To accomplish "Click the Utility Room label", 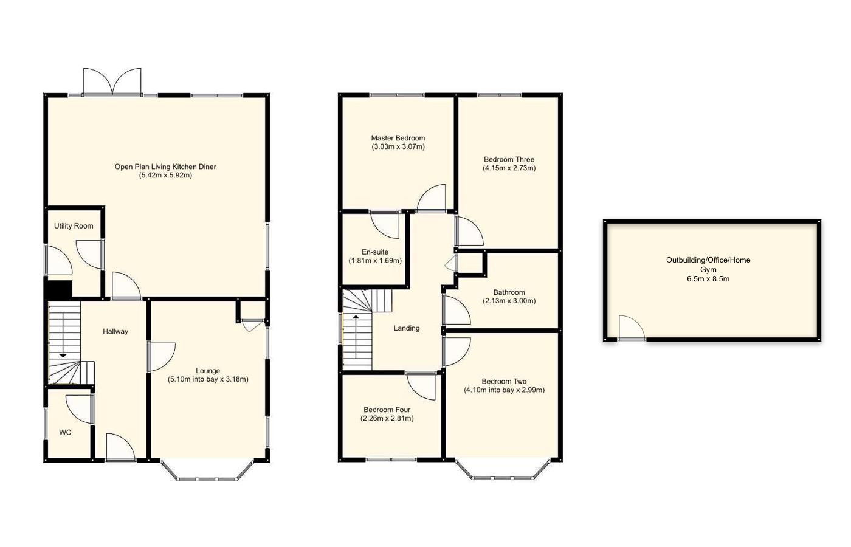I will [x=74, y=226].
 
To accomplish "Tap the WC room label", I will [x=65, y=433].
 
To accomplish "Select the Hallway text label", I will [x=115, y=332].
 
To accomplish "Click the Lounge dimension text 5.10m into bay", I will [x=208, y=379].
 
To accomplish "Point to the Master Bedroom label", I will [x=398, y=138].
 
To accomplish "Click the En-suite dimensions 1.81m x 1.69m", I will [x=375, y=261].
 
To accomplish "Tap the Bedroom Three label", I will [x=509, y=159].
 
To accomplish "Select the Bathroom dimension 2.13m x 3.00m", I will [x=509, y=301].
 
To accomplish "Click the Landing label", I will [x=407, y=328].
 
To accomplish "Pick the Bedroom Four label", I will [x=387, y=410].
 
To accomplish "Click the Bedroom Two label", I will [x=504, y=382].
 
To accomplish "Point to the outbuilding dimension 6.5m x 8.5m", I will [x=708, y=279].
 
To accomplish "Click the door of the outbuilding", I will [x=631, y=328].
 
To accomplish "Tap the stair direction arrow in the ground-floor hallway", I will [x=63, y=354].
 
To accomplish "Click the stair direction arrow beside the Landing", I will [x=356, y=317].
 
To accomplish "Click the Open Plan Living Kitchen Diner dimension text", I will [x=165, y=176].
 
